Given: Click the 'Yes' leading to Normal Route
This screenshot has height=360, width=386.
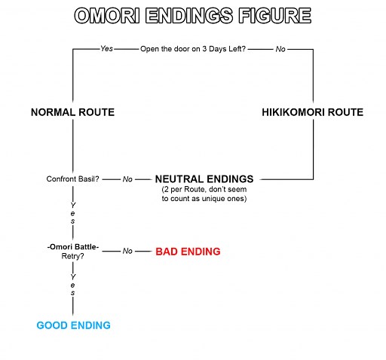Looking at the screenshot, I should point(106,49).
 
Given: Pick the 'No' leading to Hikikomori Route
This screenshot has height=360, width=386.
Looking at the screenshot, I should point(280,49).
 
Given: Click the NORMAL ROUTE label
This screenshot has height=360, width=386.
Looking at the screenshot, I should point(72,112).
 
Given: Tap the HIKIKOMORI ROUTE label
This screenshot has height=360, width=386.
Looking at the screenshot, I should point(312,112).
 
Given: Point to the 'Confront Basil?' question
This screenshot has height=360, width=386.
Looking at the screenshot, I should point(72,179).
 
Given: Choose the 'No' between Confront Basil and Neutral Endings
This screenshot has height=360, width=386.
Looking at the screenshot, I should point(127,179).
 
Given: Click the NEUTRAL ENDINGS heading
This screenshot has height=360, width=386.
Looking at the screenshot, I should point(204,179).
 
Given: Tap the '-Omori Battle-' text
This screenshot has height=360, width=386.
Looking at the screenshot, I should point(73,247).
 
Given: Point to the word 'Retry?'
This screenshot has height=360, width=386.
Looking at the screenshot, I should point(72,256).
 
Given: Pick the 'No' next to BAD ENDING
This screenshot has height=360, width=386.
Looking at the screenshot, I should point(127,251).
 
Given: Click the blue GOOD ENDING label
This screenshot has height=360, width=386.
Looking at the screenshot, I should point(73,325).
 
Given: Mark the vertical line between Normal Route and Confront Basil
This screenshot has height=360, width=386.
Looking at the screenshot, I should point(73,147).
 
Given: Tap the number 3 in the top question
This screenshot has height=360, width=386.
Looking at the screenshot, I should point(210,49).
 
